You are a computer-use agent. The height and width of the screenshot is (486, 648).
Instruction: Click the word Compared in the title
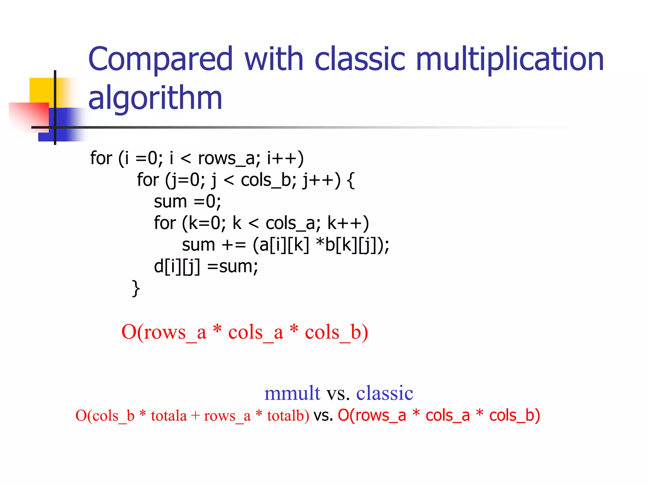coord(160,59)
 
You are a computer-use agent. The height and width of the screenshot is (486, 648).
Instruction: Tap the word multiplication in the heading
coord(510,59)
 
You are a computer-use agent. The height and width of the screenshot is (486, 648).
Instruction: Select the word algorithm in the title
coord(155,98)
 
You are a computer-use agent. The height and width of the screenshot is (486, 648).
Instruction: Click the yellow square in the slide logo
coord(41,90)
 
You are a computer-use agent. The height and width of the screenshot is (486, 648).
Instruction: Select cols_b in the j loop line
coord(268,180)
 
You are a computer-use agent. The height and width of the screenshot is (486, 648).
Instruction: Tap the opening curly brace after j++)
coord(351,180)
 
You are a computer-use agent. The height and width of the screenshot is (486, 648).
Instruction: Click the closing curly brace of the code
coord(136,288)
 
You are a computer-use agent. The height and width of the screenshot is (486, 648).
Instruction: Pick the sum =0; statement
coord(187,202)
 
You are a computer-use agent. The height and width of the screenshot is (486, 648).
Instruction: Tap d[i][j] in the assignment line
coord(177,266)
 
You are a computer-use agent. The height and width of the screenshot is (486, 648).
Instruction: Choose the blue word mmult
coord(292,393)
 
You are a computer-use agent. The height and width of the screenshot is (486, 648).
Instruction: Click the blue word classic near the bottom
coord(384,393)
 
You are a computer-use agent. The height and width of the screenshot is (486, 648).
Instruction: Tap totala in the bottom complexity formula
coord(169,415)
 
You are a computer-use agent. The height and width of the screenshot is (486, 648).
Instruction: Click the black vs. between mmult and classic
coord(338,393)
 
